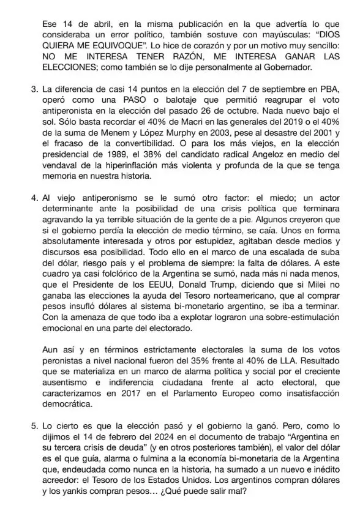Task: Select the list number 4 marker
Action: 35,199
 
